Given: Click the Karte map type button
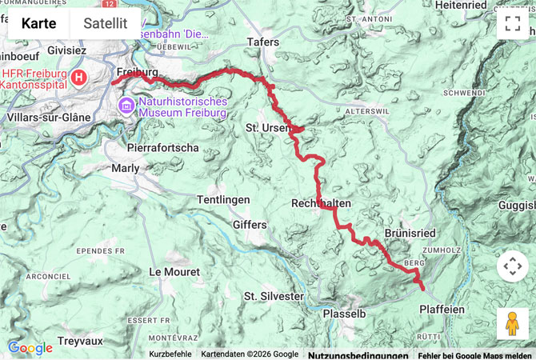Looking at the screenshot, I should (x=38, y=23).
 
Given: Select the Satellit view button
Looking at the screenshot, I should (x=105, y=23).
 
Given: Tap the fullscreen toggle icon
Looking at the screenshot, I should (x=512, y=23).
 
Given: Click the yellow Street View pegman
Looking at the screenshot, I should (x=512, y=323).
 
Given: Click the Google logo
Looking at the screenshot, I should (x=30, y=348).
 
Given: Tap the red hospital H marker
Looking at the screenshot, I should (x=79, y=78).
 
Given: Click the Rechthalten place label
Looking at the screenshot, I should (x=321, y=203).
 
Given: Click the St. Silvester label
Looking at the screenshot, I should (x=274, y=296).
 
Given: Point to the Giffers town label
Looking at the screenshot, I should (x=249, y=225).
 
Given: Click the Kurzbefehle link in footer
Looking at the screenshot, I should (x=170, y=354).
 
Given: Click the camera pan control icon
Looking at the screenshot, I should (x=512, y=266).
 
